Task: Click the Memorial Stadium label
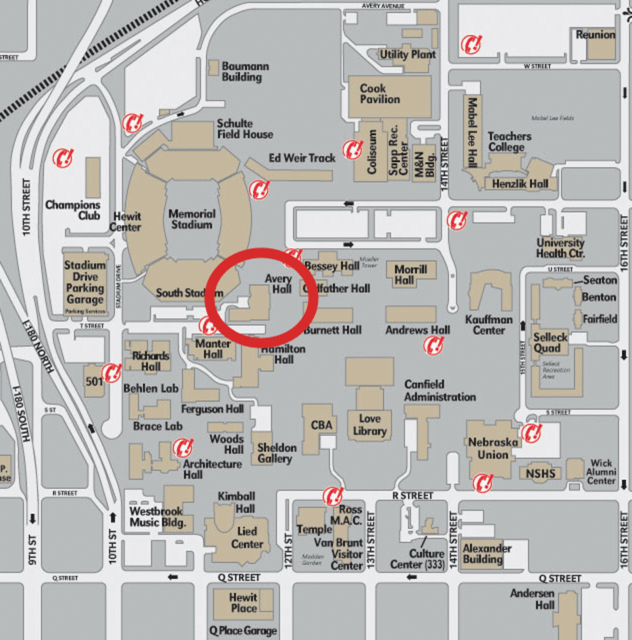click(191, 219)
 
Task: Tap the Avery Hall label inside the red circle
click(278, 284)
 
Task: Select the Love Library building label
click(369, 424)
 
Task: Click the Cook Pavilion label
click(380, 94)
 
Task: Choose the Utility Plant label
click(408, 55)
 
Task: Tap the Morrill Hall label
click(411, 274)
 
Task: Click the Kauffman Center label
click(488, 324)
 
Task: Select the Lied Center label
click(247, 538)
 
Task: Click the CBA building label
click(321, 426)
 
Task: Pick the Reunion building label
click(595, 35)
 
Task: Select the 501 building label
click(93, 381)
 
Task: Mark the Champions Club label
click(72, 210)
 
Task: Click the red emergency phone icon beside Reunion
click(471, 44)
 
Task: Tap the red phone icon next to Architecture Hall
click(182, 448)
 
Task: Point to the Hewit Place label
click(244, 602)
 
